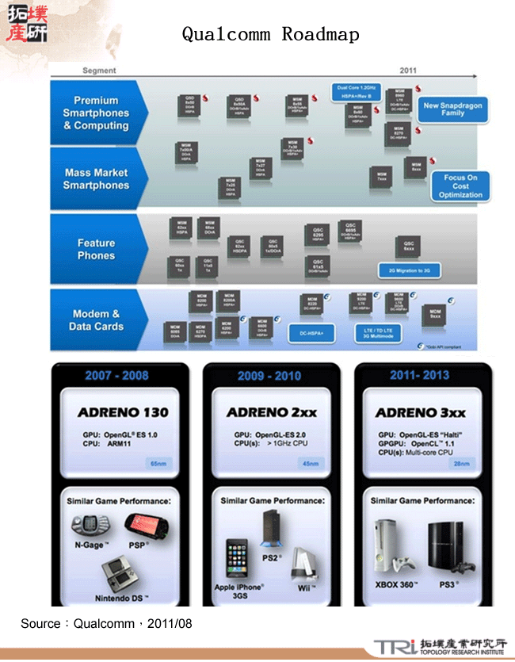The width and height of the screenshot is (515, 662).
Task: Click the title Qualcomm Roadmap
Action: (270, 34)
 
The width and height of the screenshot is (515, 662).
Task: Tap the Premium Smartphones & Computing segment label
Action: (96, 113)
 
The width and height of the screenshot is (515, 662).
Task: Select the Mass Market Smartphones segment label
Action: (96, 178)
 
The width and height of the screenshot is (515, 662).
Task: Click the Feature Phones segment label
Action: (96, 249)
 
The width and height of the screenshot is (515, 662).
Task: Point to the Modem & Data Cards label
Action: (96, 320)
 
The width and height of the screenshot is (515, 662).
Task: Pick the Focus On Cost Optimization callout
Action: (460, 186)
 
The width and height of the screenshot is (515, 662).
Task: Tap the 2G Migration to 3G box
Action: (409, 271)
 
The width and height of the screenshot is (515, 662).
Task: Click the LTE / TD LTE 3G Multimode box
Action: (378, 333)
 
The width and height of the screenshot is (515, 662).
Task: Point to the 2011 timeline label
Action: (408, 71)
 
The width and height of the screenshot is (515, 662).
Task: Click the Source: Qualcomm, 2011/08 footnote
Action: (106, 624)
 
